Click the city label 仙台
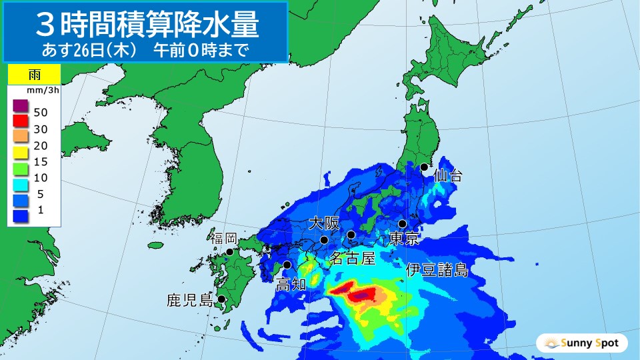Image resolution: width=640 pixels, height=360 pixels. (x=447, y=176)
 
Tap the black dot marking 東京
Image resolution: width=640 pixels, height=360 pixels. (x=403, y=224)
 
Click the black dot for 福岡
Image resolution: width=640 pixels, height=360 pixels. (x=229, y=252)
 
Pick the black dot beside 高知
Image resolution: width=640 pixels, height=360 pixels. (x=287, y=265)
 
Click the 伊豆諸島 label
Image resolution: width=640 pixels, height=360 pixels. (x=437, y=270)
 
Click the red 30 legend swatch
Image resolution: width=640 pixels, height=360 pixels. (x=19, y=122)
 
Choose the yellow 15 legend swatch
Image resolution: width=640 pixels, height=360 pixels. (x=19, y=153)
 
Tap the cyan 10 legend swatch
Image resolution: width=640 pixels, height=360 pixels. (x=19, y=183)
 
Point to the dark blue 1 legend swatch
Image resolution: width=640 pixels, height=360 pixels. (x=19, y=215)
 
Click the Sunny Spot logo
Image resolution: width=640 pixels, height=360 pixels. (x=581, y=343)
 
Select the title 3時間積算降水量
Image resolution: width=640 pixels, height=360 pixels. (x=145, y=25)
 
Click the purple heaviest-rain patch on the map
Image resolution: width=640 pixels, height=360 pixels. (x=365, y=294)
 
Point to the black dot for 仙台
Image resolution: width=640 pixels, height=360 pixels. (x=423, y=167)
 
